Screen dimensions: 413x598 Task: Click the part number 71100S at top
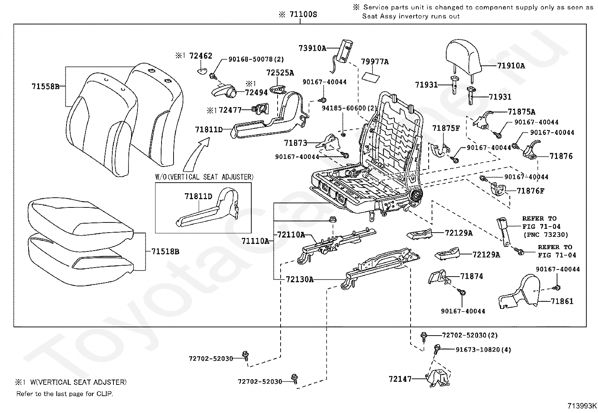(x=303, y=15)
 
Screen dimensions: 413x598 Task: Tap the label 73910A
(x=313, y=48)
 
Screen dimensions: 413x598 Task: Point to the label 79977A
(x=375, y=62)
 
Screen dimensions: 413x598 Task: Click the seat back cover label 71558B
(x=45, y=86)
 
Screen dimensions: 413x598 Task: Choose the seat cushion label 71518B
(x=165, y=251)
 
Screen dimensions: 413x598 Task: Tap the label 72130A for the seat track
(x=299, y=279)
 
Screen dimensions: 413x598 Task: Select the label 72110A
(x=291, y=235)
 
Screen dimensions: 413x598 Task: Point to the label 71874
(x=471, y=276)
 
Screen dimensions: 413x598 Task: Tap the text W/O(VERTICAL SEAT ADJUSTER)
(x=204, y=177)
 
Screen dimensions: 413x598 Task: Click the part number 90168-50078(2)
(x=256, y=59)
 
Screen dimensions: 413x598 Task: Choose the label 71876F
(x=530, y=191)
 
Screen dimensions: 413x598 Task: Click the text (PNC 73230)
(x=545, y=234)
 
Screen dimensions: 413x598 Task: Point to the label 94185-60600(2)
(x=349, y=108)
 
